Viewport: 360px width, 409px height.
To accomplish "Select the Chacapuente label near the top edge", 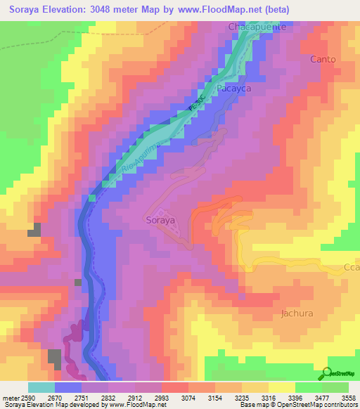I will coord(258,27).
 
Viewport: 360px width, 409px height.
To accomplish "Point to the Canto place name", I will coord(323,59).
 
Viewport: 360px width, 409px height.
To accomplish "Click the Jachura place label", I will coord(296,313).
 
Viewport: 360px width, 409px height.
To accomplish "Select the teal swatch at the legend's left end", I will coord(41,387).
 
